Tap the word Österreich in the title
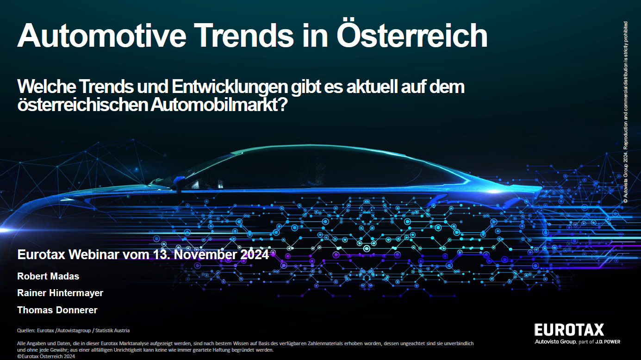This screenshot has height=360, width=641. [x=412, y=34]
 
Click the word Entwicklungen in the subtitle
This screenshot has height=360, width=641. [x=230, y=87]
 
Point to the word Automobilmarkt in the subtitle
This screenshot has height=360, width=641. [x=218, y=105]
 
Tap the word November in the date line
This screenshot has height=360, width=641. [x=205, y=254]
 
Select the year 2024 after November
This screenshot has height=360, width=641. [x=255, y=254]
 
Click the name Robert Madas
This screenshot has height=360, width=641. [x=48, y=276]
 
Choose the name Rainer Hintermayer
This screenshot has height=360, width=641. [x=60, y=293]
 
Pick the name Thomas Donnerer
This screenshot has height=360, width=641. [x=57, y=310]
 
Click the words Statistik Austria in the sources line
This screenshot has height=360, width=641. [x=112, y=330]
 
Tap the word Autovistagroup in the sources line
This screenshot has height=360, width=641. [x=74, y=330]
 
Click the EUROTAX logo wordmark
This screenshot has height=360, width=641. [x=569, y=330]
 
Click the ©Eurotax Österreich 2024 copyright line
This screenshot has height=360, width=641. [x=46, y=356]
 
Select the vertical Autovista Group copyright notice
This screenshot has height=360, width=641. [x=626, y=112]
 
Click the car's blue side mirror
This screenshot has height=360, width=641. [x=179, y=183]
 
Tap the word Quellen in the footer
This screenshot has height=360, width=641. [x=26, y=330]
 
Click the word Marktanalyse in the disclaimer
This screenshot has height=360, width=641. [x=133, y=343]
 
